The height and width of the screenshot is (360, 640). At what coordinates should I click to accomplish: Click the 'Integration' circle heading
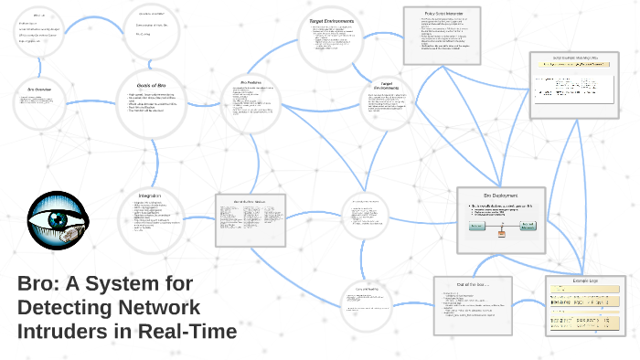click(150, 196)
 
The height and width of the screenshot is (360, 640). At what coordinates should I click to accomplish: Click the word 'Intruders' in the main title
click(62, 330)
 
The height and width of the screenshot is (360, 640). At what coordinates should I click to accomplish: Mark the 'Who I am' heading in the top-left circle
click(39, 16)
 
